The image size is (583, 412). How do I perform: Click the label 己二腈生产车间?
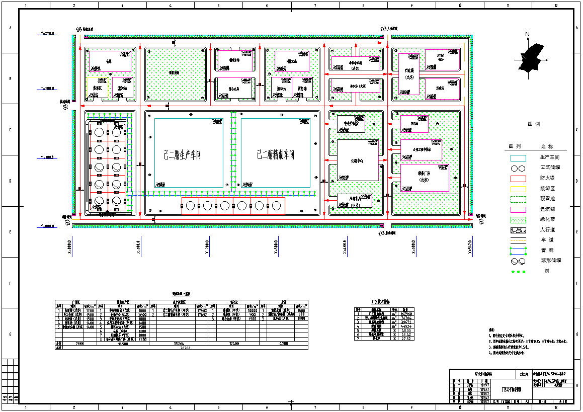[x=182, y=155]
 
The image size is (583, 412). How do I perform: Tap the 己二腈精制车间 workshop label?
[x=275, y=154]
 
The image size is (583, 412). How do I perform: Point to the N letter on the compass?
[x=527, y=34]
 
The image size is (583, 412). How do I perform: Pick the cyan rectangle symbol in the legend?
[x=518, y=158]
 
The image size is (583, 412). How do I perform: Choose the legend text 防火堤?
[x=547, y=179]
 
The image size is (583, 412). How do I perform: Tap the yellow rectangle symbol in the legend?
[x=518, y=189]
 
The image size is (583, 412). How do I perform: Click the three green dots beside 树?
[x=518, y=272]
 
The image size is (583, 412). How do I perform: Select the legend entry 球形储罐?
[x=550, y=261]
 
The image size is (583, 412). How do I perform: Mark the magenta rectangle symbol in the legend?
[x=518, y=209]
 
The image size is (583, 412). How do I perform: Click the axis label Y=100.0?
[x=48, y=157]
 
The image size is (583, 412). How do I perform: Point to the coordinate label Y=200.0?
[x=48, y=88]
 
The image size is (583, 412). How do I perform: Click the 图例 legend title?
[x=534, y=124]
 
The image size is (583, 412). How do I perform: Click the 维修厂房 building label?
[x=424, y=178]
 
